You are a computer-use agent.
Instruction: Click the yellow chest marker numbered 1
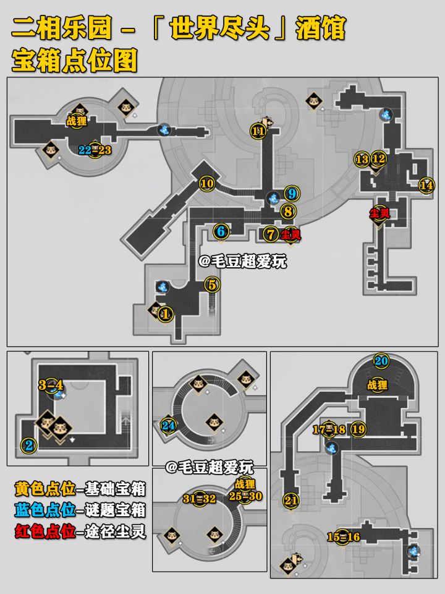165,314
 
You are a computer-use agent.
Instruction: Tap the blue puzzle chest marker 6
221,231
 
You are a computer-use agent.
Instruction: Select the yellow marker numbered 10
206,183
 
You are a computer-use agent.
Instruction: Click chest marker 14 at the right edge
426,185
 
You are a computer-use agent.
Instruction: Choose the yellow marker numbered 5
212,285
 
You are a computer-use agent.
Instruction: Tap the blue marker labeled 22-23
95,150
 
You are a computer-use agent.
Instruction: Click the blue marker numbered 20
381,361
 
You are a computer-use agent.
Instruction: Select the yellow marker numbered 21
291,501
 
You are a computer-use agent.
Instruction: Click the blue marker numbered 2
28,444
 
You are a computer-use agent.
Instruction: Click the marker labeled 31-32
199,499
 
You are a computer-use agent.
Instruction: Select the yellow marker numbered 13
362,159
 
